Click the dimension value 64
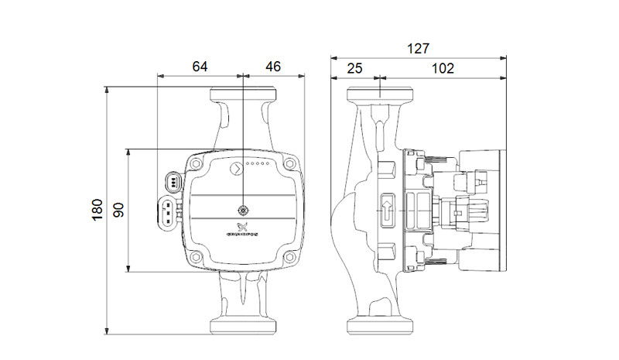tap(200, 67)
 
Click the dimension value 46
tap(272, 67)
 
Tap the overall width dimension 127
tap(418, 48)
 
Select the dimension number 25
tap(354, 68)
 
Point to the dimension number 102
tap(442, 68)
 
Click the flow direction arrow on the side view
tap(387, 208)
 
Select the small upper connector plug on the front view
tap(173, 183)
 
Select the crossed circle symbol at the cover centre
tap(242, 210)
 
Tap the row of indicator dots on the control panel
tap(258, 165)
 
